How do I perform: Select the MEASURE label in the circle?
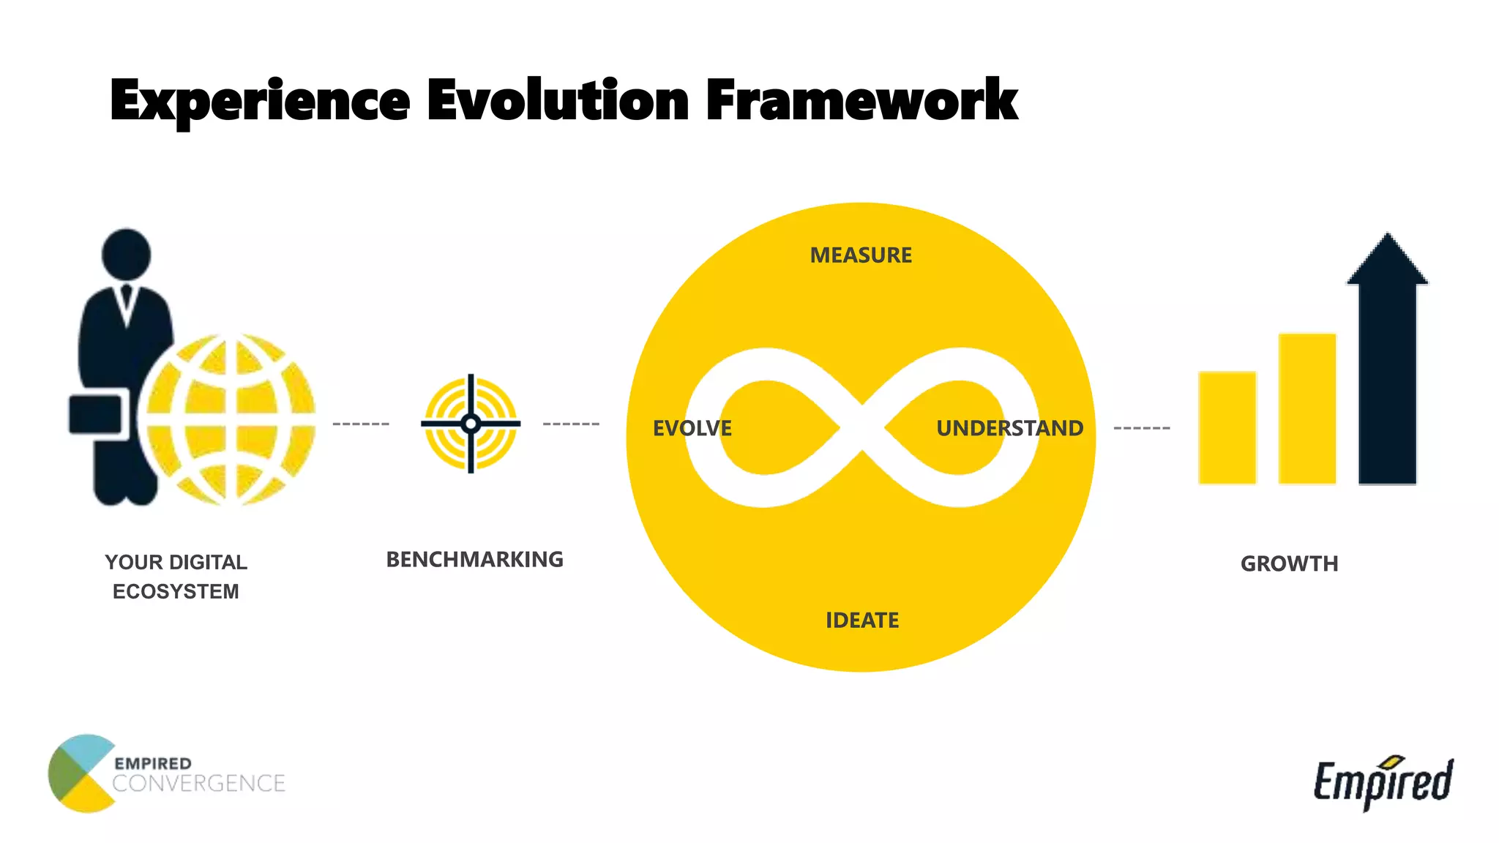tap(861, 255)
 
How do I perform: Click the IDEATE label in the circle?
tap(862, 621)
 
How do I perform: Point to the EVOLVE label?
tap(692, 428)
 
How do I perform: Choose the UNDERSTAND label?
tap(1009, 428)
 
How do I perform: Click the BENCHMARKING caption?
tap(474, 560)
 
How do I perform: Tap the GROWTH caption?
tap(1289, 563)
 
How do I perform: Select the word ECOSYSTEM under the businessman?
tap(176, 591)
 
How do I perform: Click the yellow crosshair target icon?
tap(471, 424)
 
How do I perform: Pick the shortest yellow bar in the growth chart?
tap(1227, 428)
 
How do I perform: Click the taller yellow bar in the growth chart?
tap(1307, 409)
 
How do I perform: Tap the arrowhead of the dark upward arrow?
tap(1387, 260)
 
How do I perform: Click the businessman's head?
tap(126, 253)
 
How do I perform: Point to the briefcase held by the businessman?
tap(96, 415)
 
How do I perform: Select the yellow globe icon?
tap(228, 419)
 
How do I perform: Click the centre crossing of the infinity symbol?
tap(861, 428)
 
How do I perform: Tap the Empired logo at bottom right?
tap(1383, 782)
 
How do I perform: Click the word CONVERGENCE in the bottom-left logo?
tap(198, 784)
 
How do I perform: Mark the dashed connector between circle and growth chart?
tap(1141, 428)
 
